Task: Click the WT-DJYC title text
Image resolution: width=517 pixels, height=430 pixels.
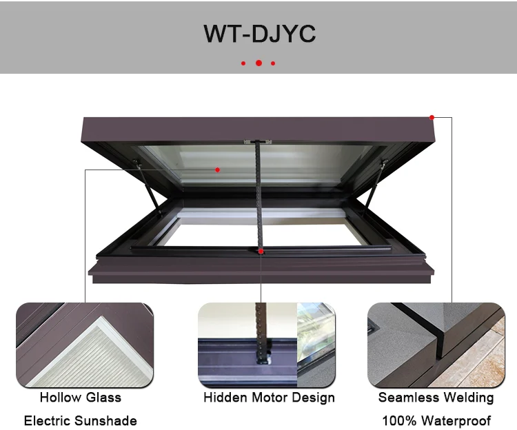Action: tap(258, 34)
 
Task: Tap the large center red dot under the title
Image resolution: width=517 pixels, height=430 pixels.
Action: tap(258, 63)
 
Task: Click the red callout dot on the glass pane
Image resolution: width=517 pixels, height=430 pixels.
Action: tap(217, 169)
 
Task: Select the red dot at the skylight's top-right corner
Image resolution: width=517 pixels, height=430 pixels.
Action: tap(432, 117)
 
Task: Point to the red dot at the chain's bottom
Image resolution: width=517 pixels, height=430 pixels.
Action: tap(261, 251)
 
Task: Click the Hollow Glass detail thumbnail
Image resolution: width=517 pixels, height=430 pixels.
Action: tap(85, 345)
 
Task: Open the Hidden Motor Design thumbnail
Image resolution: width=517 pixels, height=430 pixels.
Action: tap(267, 345)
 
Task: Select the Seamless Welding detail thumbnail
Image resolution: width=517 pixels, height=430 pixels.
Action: tap(436, 345)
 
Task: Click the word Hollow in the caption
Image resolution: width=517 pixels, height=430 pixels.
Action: tap(60, 398)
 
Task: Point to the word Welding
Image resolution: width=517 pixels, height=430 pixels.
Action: tap(465, 398)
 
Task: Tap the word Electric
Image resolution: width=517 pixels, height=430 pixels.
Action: tap(49, 420)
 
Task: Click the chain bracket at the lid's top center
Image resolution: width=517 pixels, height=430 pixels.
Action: tap(258, 142)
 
